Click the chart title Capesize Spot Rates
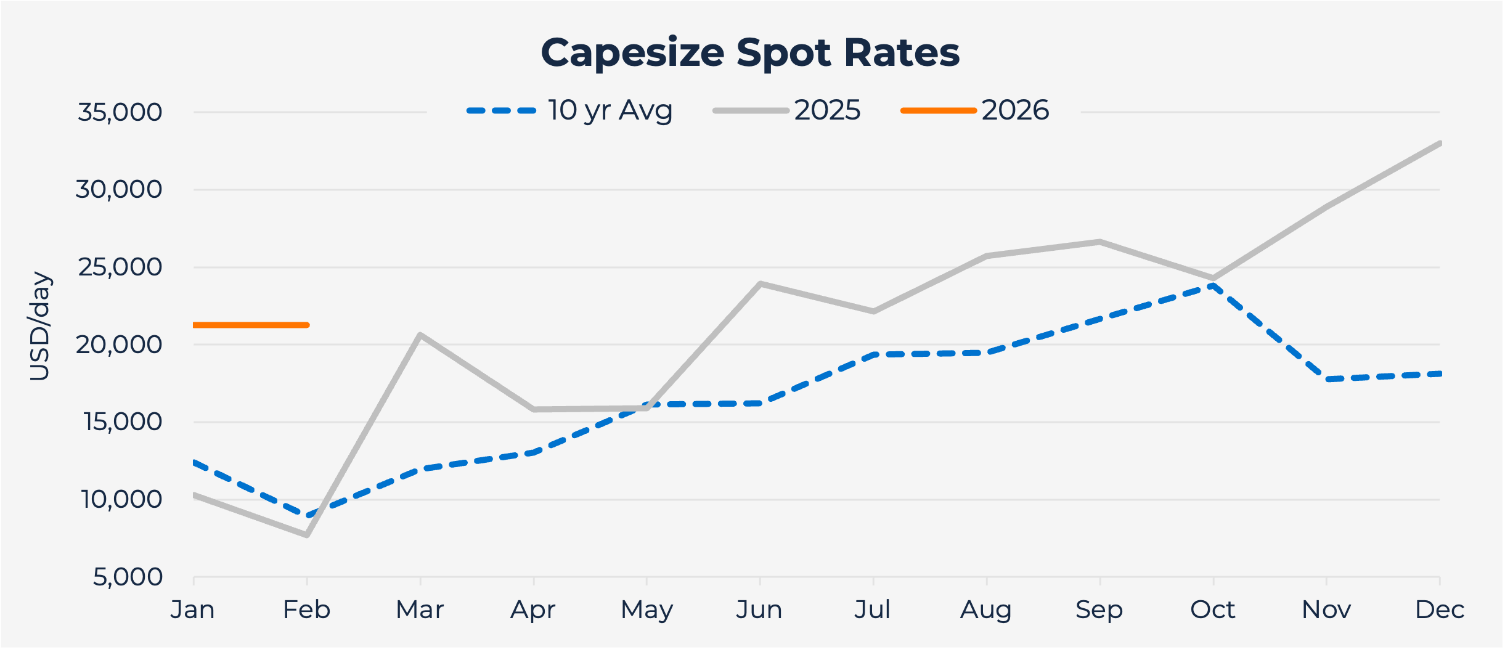[750, 52]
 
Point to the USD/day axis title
[40, 326]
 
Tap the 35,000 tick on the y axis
[120, 113]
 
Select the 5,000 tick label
[128, 577]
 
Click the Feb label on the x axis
[306, 610]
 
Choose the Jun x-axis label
[759, 610]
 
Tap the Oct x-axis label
[1212, 610]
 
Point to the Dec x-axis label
[1439, 610]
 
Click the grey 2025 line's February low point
[307, 535]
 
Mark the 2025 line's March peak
[420, 335]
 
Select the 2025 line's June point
[760, 284]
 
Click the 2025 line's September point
[1100, 242]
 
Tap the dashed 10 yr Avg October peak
[1213, 285]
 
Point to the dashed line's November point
[1326, 379]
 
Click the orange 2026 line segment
[250, 325]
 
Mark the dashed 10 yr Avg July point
[873, 355]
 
